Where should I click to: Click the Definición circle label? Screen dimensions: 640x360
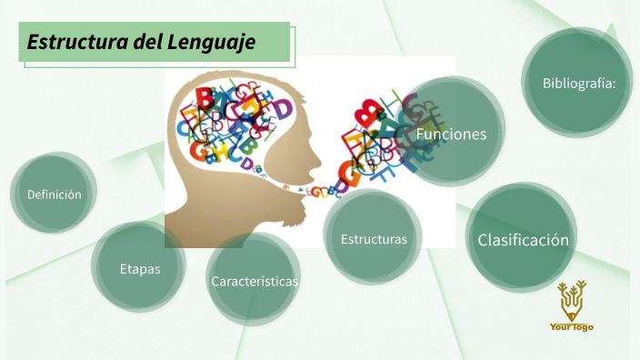pos(55,194)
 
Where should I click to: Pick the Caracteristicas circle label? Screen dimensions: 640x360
pos(255,281)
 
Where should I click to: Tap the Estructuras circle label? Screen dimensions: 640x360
pos(374,239)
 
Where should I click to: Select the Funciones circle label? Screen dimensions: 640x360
pos(451,134)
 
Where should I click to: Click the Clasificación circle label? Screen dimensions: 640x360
pos(524,240)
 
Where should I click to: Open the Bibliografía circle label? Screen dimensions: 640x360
pos(579,83)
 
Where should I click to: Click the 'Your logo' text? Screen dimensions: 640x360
pos(572,326)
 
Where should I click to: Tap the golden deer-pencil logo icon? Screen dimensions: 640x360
pos(573,300)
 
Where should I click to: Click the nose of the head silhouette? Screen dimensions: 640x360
pos(320,145)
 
